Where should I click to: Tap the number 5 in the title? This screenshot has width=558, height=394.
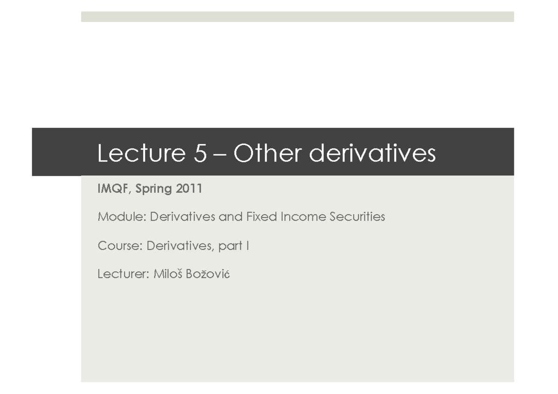(x=199, y=153)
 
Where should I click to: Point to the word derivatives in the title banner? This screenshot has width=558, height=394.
(x=372, y=153)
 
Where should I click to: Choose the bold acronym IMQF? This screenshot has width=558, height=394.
(x=114, y=189)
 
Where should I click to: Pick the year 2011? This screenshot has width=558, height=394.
(x=189, y=189)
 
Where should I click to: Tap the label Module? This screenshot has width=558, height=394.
(x=122, y=217)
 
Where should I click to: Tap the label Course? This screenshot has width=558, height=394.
(x=120, y=245)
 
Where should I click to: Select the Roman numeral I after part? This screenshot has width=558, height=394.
(x=248, y=245)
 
